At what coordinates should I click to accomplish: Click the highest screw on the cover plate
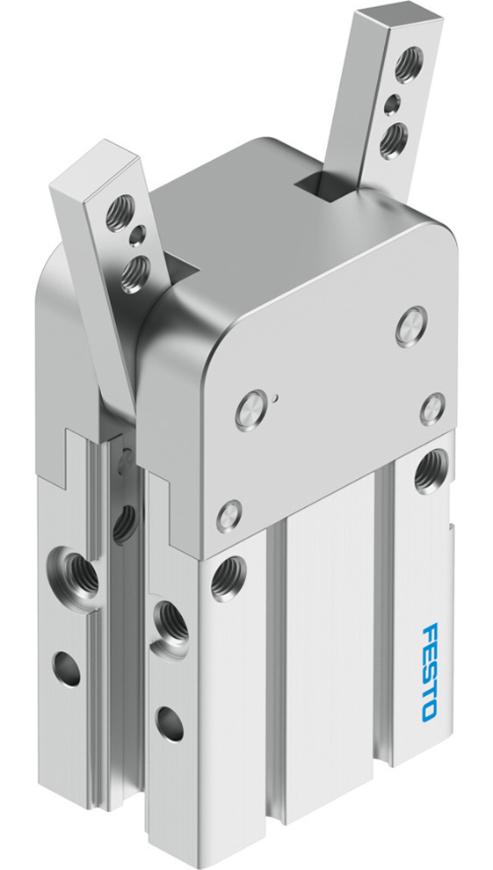click(410, 326)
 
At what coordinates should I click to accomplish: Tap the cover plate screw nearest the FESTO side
click(431, 406)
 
